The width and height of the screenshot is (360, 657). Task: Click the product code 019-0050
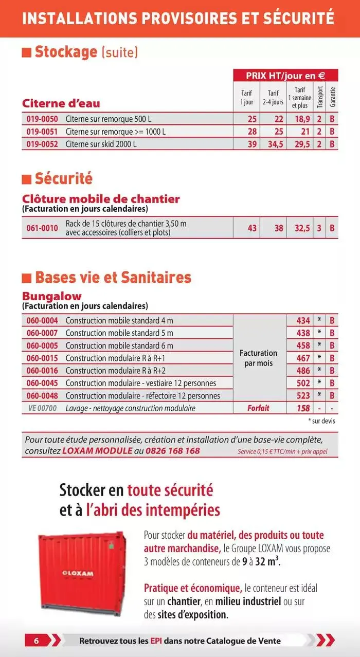pyautogui.click(x=42, y=119)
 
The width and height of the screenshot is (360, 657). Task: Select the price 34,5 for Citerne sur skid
pyautogui.click(x=275, y=144)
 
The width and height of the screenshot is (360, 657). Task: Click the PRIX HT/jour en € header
pyautogui.click(x=285, y=76)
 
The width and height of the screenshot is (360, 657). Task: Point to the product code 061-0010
pyautogui.click(x=42, y=228)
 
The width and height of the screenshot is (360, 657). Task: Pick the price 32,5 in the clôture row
pyautogui.click(x=302, y=228)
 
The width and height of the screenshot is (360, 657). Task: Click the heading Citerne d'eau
pyautogui.click(x=61, y=103)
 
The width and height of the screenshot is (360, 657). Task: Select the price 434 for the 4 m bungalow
pyautogui.click(x=303, y=321)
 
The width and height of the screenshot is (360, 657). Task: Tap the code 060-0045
pyautogui.click(x=42, y=383)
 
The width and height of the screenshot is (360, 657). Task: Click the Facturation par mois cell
pyautogui.click(x=258, y=358)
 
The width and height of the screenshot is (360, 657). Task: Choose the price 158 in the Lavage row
pyautogui.click(x=303, y=408)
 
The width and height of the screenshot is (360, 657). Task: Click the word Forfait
pyautogui.click(x=258, y=408)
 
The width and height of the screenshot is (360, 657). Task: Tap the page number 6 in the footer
pyautogui.click(x=37, y=641)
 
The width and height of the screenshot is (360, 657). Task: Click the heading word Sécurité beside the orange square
pyautogui.click(x=64, y=179)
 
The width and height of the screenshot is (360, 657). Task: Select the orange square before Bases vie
pyautogui.click(x=27, y=278)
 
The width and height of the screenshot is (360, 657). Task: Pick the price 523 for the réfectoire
pyautogui.click(x=303, y=395)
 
